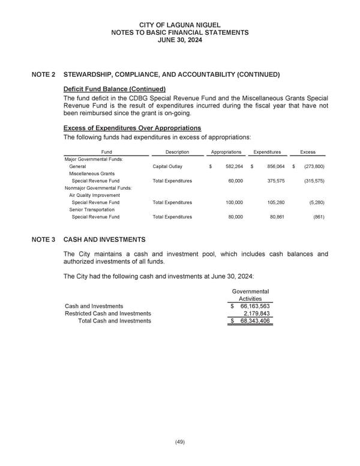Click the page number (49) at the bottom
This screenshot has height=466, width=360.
(179, 442)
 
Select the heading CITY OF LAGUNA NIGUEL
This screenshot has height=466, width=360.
(179, 25)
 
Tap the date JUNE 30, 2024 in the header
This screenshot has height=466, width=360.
(179, 40)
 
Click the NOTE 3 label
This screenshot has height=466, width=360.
(44, 240)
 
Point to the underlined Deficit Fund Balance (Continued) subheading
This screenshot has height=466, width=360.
(114, 89)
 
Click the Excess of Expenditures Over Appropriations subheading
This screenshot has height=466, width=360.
(132, 129)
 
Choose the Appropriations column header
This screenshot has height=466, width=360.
(226, 152)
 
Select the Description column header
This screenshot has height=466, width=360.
(177, 152)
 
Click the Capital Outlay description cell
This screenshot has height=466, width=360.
(167, 166)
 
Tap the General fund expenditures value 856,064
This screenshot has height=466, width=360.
(268, 166)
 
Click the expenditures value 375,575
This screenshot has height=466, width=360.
(268, 181)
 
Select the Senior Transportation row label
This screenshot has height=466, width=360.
(92, 210)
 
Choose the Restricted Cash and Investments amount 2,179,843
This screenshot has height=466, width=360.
(256, 313)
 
